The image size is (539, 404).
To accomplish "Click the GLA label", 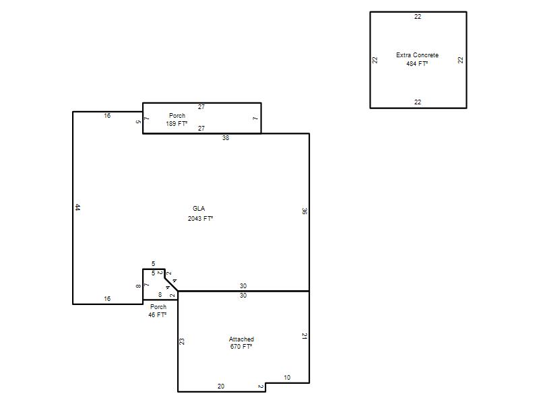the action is point(199,209).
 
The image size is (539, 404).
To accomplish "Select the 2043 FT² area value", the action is point(200,218).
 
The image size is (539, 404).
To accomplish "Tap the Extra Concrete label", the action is point(417,55).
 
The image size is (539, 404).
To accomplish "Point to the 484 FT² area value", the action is point(417,63).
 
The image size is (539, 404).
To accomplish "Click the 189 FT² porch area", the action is point(177,124).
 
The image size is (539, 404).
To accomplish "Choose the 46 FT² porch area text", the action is point(158,314).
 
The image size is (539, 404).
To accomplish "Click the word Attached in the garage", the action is point(241,339).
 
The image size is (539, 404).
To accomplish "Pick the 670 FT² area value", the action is point(241,347).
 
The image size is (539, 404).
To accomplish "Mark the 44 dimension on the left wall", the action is point(77,207).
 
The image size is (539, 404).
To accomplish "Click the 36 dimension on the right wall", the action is point(305,211).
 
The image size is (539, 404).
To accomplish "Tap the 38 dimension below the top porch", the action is point(226,138).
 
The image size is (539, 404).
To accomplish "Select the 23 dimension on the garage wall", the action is point(182,341).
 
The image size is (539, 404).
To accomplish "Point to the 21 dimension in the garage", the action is point(305,336).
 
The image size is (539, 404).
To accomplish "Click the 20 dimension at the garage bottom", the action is point(221,386).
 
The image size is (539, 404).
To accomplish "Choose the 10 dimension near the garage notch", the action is point(287,378).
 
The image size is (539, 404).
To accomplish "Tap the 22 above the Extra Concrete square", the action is point(418,16).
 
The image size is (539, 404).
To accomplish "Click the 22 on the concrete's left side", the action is point(375,60).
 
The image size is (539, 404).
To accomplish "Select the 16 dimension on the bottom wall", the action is point(107,299).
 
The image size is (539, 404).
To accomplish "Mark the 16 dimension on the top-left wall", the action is point(107,116).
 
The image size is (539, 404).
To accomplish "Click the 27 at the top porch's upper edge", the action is point(201,107).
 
